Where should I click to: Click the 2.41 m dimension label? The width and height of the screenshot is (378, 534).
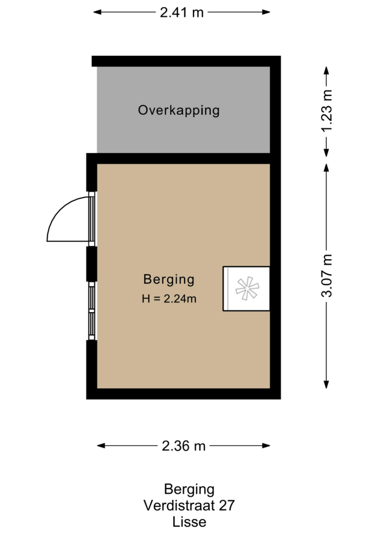[x=182, y=13]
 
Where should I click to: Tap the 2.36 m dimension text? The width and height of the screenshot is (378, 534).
[x=183, y=446]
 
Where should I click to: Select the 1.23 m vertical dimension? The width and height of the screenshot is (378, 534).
[x=327, y=110]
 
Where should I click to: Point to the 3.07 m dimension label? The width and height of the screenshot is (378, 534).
[x=327, y=275]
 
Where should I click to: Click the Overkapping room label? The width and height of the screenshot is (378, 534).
[x=178, y=110]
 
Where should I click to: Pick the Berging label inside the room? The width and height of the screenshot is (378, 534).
[x=169, y=280]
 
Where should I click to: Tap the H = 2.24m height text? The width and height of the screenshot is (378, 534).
[x=169, y=299]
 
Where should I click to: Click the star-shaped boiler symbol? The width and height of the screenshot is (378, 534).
[x=247, y=289]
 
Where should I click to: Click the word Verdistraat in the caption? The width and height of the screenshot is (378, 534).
[x=178, y=505]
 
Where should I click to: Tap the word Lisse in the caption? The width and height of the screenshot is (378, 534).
[x=189, y=522]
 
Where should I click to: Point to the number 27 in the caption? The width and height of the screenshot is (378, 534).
[x=227, y=505]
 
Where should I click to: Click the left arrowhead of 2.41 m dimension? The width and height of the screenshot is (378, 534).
[x=97, y=12]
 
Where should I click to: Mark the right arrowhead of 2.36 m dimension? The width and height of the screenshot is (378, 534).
[x=266, y=445]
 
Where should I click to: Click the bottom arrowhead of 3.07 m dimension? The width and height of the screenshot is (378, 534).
[x=326, y=385]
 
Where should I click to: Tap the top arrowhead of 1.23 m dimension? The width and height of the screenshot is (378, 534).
[x=326, y=70]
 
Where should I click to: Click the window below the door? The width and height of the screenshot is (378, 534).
[x=91, y=311]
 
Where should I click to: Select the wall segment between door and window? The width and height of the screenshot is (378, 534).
[x=91, y=264]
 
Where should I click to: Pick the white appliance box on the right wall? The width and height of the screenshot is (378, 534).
[x=246, y=289]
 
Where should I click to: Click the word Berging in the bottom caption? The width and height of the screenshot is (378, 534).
[x=189, y=490]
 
